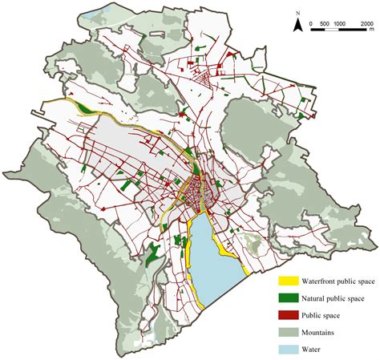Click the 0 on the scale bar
pyautogui.click(x=310, y=24)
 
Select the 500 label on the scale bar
pyautogui.click(x=325, y=24)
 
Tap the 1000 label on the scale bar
pyautogui.click(x=340, y=24)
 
